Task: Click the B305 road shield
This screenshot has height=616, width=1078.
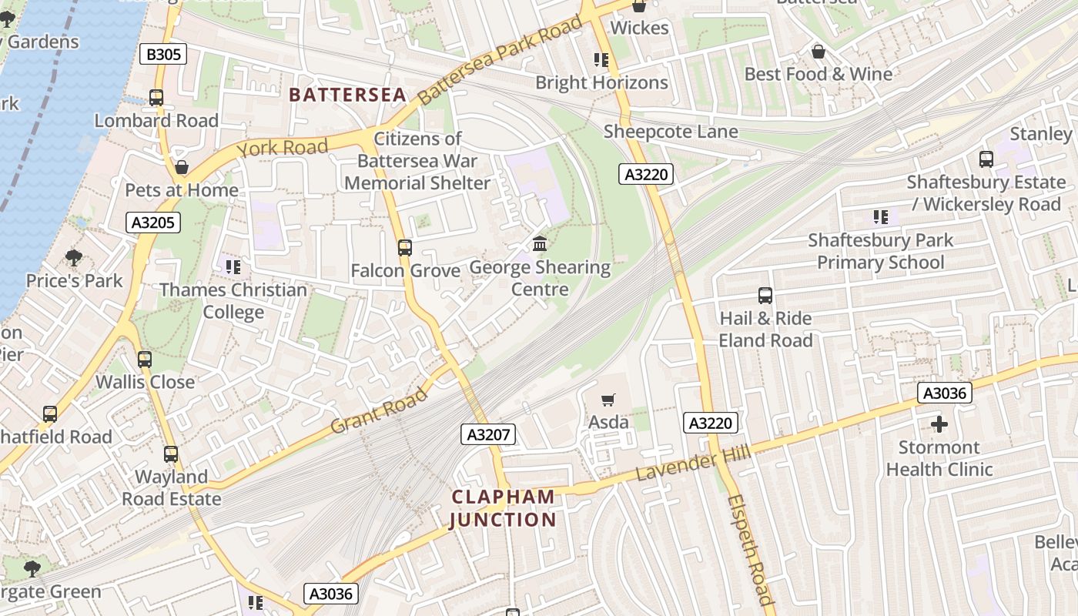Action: [162, 54]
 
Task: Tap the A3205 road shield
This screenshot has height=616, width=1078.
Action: [154, 223]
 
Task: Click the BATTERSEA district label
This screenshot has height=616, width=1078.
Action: [347, 95]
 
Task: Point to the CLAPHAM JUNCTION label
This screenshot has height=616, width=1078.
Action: [503, 508]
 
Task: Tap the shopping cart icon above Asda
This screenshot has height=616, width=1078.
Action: [608, 400]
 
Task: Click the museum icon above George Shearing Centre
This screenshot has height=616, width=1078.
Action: [540, 244]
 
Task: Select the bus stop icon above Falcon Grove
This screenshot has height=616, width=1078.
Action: [405, 248]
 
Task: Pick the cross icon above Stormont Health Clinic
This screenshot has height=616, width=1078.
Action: [939, 424]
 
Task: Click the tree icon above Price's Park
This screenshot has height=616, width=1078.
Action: [74, 257]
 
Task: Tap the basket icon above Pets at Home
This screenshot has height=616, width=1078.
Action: [182, 167]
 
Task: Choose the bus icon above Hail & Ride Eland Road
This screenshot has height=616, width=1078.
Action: [765, 296]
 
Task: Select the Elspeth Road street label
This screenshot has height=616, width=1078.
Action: [748, 549]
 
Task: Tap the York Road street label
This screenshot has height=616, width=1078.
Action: [283, 147]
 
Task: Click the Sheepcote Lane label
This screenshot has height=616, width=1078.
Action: [671, 132]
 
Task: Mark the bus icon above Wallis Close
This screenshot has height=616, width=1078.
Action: [145, 359]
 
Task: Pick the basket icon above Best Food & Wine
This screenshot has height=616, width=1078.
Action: [818, 52]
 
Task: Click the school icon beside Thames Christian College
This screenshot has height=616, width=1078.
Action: [233, 267]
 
